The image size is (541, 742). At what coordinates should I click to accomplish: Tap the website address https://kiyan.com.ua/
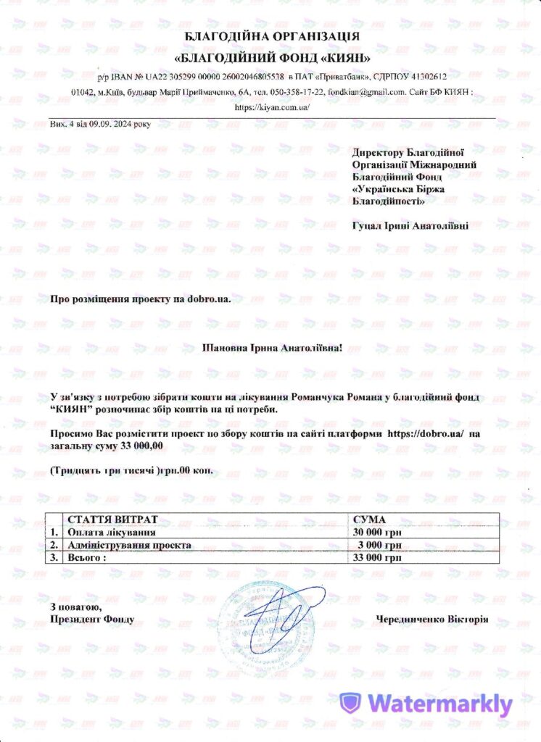point(273,107)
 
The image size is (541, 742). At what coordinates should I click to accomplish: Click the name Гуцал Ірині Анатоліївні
point(410,225)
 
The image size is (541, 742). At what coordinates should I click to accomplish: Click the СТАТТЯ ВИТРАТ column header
point(112,520)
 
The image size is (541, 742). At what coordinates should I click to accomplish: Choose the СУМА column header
point(368,520)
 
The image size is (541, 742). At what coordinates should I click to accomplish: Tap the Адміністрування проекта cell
point(129,545)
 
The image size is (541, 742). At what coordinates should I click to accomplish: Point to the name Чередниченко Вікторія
point(432,620)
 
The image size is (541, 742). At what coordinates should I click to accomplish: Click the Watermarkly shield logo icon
point(351,702)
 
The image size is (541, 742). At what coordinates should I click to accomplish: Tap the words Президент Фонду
point(92,620)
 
